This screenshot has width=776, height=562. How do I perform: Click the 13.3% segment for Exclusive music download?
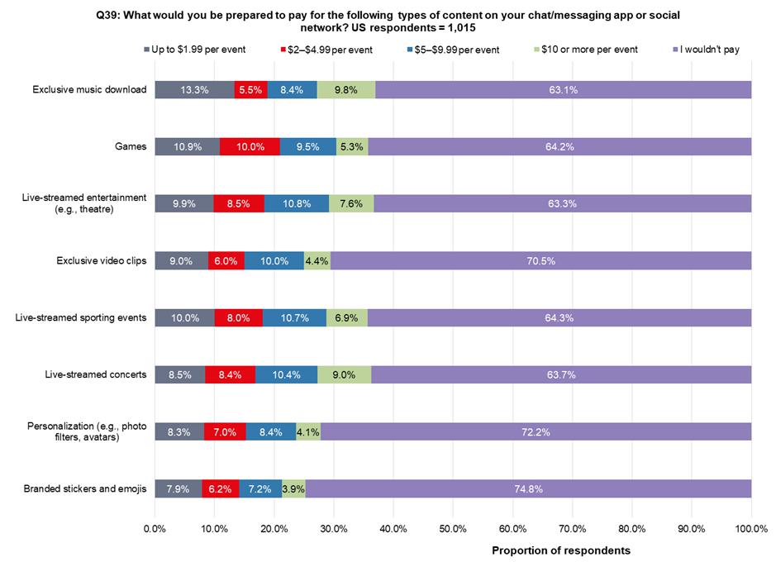click(x=194, y=89)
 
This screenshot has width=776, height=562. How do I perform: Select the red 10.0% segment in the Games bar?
click(x=250, y=146)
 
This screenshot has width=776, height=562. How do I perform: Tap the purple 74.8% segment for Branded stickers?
click(x=528, y=488)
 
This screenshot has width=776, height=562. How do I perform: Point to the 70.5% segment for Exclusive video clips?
click(x=540, y=260)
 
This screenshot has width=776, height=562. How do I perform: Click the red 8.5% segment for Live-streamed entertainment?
click(x=239, y=203)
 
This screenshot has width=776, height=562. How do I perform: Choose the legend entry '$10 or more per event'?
click(x=589, y=50)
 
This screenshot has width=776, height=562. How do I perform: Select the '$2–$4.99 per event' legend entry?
click(x=331, y=50)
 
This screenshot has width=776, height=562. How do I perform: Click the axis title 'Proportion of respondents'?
click(x=561, y=550)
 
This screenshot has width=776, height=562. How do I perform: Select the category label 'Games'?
click(x=131, y=146)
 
